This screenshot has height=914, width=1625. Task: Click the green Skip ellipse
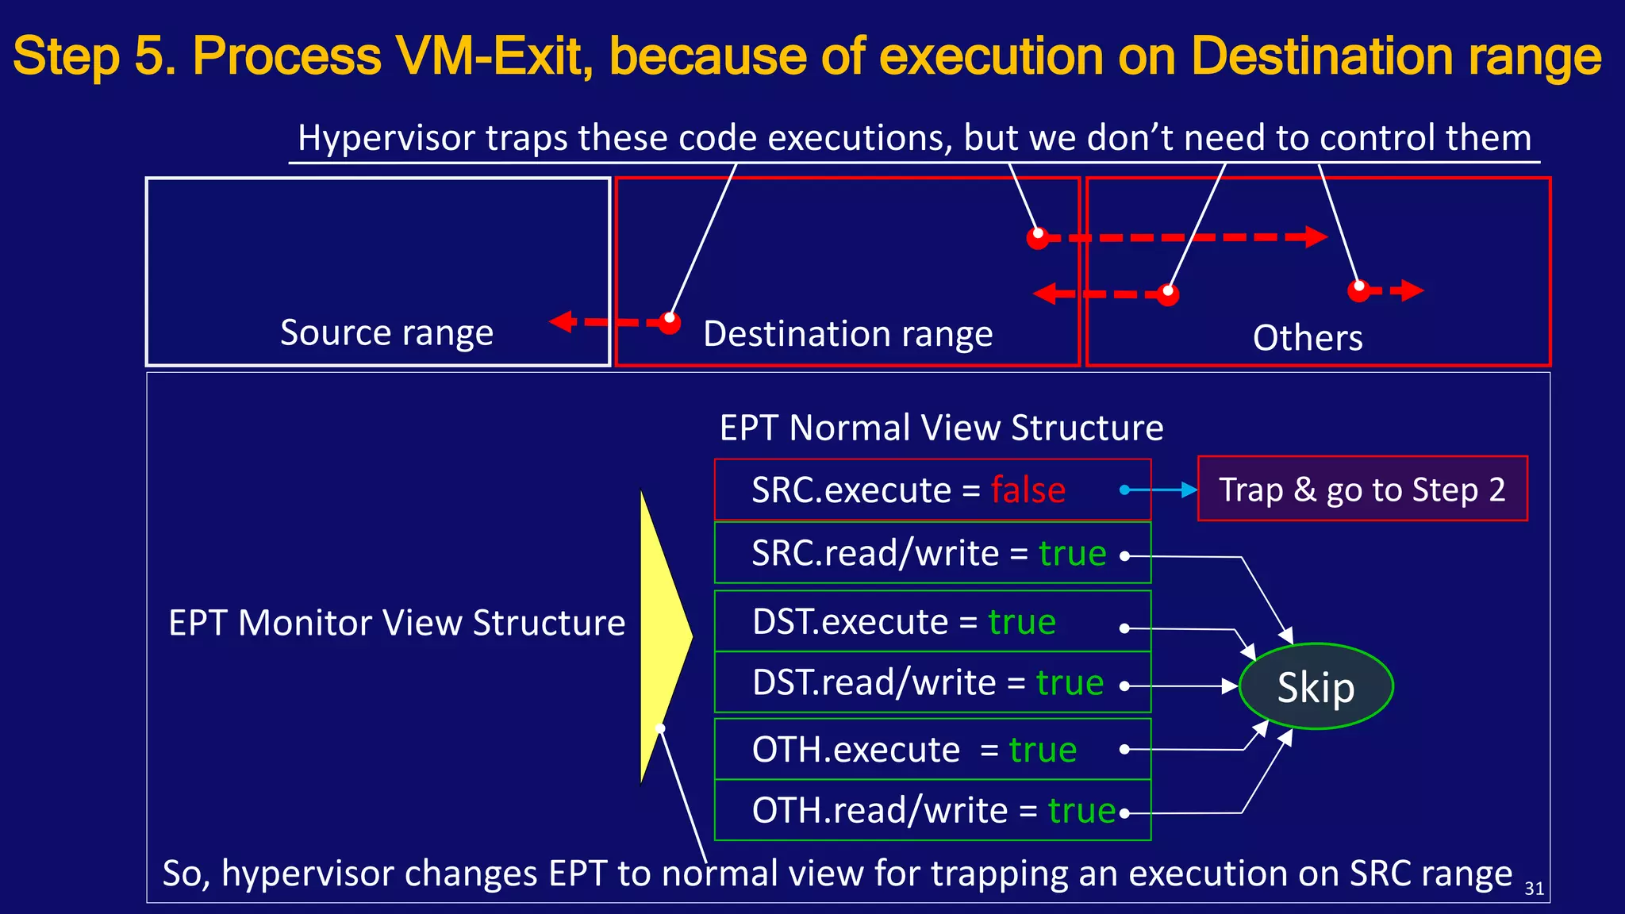1316,687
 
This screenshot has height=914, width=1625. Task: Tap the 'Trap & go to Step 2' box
1362,489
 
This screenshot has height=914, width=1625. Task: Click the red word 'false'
1028,490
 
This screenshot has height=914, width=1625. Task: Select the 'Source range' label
386,332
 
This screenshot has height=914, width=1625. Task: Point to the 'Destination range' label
847,334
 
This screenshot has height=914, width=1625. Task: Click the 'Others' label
1308,338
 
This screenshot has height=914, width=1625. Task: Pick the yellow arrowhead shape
663,635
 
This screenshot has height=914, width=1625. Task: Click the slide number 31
1534,889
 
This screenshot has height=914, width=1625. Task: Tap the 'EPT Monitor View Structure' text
397,623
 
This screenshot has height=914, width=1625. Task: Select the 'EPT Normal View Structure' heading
941,428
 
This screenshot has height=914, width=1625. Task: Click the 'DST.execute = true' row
932,621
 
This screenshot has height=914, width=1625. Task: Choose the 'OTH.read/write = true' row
932,810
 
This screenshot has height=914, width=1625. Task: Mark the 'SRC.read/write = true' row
932,553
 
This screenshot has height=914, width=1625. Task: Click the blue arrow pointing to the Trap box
1160,490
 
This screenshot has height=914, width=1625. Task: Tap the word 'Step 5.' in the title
94,57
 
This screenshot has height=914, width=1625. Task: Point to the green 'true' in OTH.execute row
1043,750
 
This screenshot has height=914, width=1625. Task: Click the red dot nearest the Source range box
670,322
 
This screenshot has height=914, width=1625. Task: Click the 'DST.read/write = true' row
932,683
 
